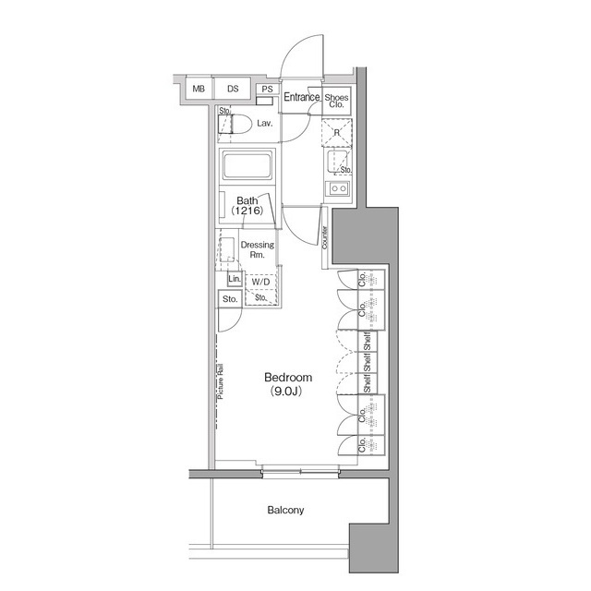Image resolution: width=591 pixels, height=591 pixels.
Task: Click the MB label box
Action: point(199,89)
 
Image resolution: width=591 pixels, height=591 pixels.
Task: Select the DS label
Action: point(233,89)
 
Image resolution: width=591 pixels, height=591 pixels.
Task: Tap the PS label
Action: point(267,90)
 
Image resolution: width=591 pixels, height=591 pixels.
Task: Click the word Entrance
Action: point(302,97)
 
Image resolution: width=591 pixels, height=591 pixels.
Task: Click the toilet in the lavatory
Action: point(236,124)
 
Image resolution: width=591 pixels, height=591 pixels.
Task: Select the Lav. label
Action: point(264,123)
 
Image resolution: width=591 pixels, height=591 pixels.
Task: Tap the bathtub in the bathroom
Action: point(247,169)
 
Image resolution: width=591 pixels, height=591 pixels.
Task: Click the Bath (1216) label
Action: point(247,205)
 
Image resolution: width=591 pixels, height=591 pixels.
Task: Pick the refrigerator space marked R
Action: point(337,132)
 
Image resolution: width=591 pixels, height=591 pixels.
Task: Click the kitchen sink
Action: point(338,191)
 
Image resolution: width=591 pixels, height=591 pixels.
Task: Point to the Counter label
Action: point(327,235)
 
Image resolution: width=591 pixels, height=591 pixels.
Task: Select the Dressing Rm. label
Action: point(257,249)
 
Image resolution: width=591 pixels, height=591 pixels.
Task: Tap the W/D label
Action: point(259,283)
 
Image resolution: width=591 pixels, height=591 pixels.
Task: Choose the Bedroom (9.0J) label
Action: point(288,383)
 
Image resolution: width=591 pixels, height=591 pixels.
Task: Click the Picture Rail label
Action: point(222,382)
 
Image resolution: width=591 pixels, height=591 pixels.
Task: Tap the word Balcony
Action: point(286,510)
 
